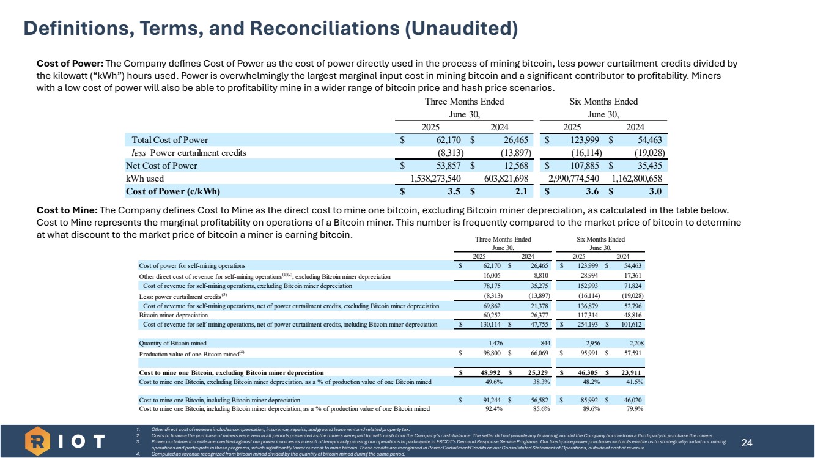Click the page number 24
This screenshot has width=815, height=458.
[747, 442]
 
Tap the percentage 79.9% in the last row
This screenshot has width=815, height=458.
[636, 408]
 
